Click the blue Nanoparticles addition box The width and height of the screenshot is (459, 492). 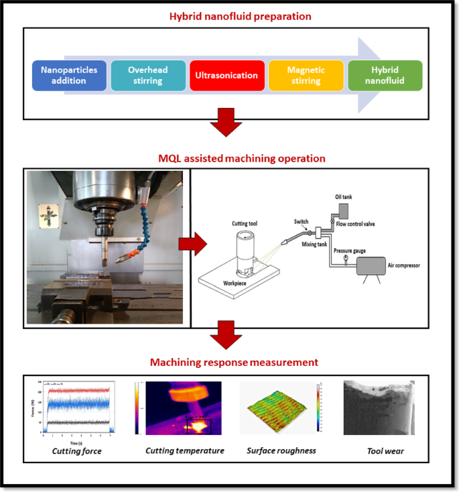click(x=69, y=76)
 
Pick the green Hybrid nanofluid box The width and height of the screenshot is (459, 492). click(x=385, y=76)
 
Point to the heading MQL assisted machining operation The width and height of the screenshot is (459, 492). click(x=241, y=159)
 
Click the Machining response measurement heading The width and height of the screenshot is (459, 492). click(x=234, y=363)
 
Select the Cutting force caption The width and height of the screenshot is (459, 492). click(x=76, y=450)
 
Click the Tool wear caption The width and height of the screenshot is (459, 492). click(x=385, y=451)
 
